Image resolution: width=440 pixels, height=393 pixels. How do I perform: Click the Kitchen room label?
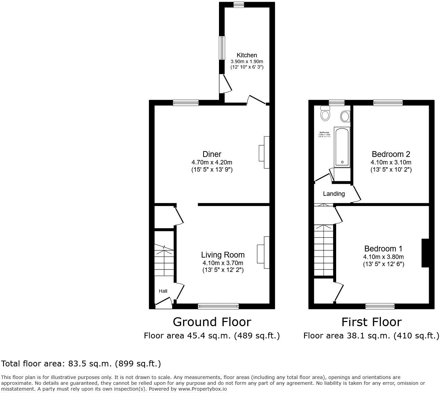tap(247, 55)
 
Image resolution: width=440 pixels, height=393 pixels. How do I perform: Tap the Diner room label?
tap(212, 154)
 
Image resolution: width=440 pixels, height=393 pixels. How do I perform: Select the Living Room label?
tap(223, 254)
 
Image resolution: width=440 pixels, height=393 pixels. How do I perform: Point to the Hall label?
tap(163, 291)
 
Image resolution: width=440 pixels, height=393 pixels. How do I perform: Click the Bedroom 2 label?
tap(391, 154)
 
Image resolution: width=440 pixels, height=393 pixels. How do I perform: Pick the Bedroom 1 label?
tap(383, 249)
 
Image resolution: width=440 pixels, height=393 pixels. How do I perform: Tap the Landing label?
tap(334, 194)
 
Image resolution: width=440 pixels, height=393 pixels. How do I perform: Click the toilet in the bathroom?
tap(325, 114)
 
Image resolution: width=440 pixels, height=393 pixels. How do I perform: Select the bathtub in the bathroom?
tap(342, 147)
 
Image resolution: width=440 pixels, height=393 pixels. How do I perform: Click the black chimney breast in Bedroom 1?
tap(425, 253)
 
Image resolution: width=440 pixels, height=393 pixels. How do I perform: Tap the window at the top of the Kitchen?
tap(238, 4)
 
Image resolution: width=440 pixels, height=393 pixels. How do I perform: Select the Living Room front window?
tap(218, 306)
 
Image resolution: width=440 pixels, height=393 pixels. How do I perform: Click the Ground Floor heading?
tap(212, 322)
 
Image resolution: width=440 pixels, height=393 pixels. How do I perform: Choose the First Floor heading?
tap(371, 322)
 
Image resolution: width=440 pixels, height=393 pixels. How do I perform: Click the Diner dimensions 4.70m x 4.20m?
tap(212, 162)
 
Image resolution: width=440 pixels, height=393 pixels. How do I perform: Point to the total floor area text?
tap(81, 364)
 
